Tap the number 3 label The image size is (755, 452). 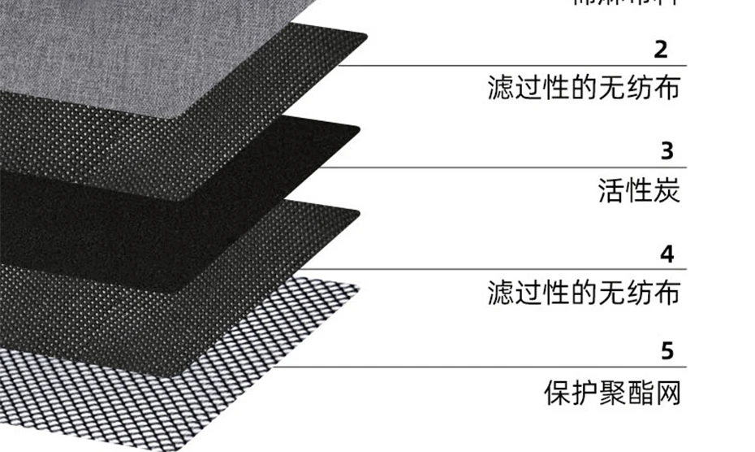tap(667, 151)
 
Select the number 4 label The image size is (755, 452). tap(667, 254)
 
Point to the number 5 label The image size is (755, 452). tap(667, 352)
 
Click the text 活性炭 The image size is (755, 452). tap(638, 191)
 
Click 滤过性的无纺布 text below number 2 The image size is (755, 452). tap(583, 88)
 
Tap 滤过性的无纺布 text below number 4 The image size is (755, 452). tap(583, 292)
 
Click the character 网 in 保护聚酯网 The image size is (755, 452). tap(666, 392)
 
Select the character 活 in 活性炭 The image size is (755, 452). tap(610, 191)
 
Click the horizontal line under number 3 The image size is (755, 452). tap(520, 167)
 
